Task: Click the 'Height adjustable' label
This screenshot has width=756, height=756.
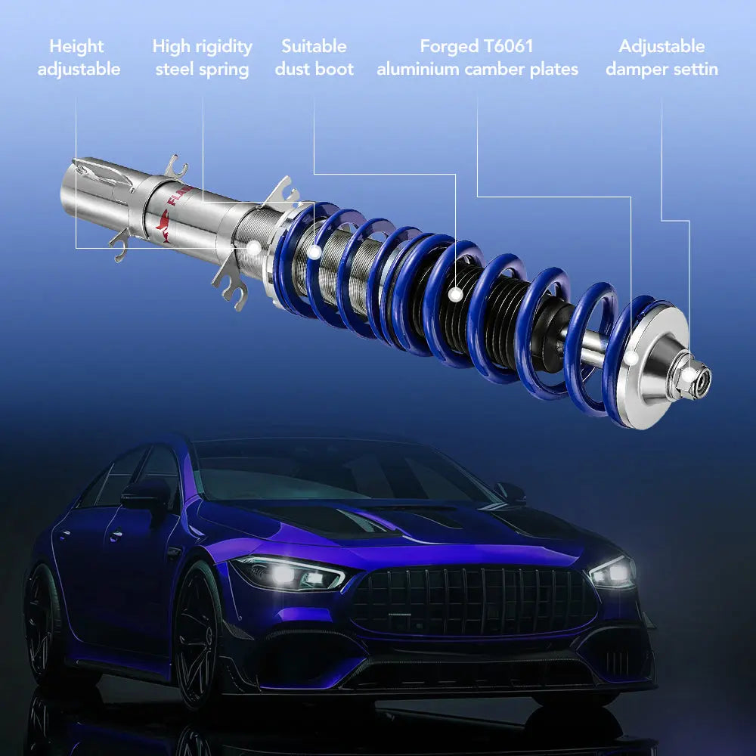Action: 79,57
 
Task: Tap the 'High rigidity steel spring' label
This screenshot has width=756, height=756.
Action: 202,57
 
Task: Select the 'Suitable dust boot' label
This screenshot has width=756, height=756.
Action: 314,57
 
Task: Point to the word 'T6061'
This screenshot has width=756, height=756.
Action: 508,46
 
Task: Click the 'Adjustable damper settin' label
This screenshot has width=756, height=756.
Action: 661,57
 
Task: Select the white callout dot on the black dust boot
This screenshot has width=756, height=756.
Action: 455,294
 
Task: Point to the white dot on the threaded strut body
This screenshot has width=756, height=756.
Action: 255,247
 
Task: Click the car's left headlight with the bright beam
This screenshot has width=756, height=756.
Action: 287,573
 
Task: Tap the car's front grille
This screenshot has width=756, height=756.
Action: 472,601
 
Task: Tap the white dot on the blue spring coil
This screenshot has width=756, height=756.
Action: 314,246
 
